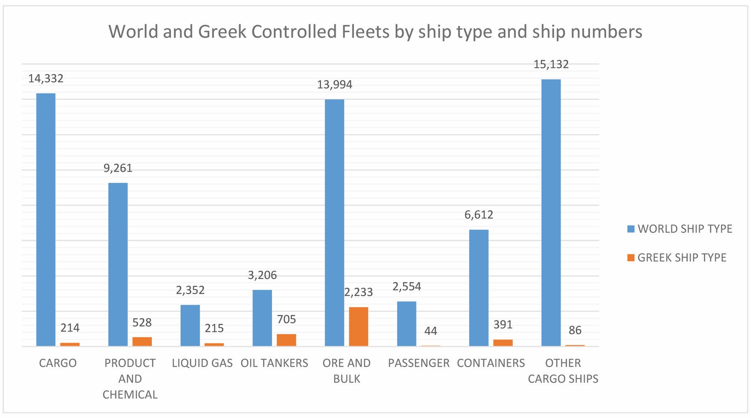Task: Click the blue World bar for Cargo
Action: pos(46,219)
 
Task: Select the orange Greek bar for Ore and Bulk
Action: pos(358,326)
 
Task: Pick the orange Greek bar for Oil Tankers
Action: pos(286,340)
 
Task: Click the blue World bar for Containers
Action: pos(479,287)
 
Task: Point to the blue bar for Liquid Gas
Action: pos(190,325)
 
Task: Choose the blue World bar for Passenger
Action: pos(406,324)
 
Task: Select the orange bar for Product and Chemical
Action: pos(142,341)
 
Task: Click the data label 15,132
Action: pos(551,64)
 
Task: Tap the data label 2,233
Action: pos(358,292)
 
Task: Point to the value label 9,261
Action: pos(118,168)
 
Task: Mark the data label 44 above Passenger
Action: pos(431,331)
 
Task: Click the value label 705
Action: pos(286,319)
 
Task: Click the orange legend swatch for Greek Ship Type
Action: pos(631,258)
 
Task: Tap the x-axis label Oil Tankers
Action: pos(274,363)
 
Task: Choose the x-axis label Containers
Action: pos(491,363)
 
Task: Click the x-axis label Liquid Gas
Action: pos(202,363)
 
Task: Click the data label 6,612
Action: pos(479,215)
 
